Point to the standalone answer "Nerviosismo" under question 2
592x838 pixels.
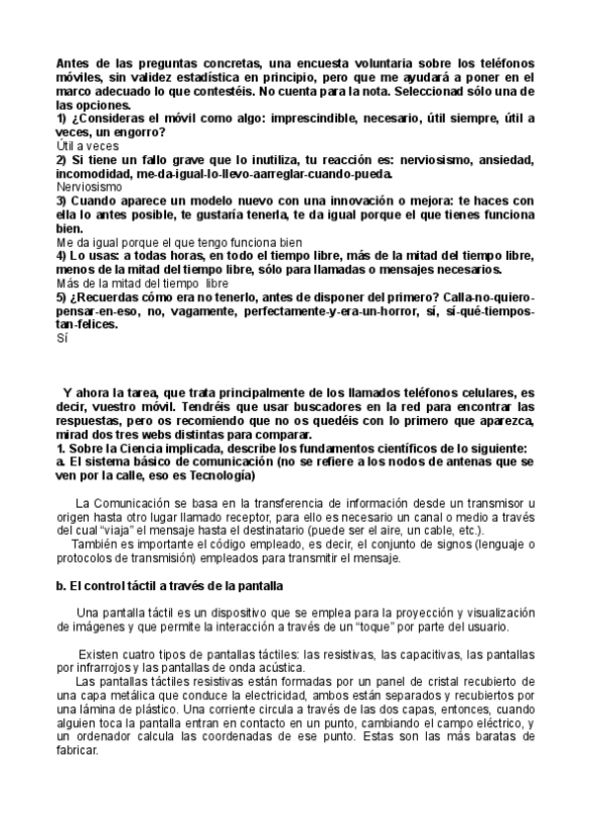(90, 186)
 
